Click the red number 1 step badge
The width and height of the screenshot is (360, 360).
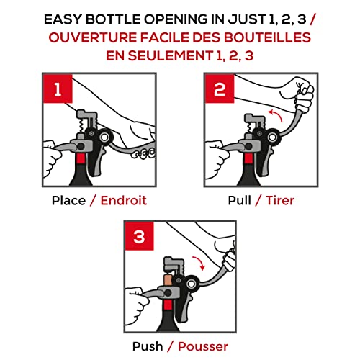point(58,89)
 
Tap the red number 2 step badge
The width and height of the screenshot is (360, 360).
point(220,89)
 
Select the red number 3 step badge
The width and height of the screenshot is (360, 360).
point(139,236)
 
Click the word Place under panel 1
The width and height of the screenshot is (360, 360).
point(68,201)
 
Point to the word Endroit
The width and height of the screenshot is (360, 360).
point(124,201)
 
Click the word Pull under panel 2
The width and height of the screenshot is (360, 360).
point(240,201)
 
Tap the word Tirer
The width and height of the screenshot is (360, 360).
point(280,201)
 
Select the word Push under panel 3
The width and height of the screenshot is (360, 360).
point(148,346)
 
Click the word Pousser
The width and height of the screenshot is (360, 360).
point(203,346)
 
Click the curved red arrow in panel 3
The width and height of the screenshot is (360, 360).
point(200,261)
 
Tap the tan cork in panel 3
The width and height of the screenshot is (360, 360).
point(168,281)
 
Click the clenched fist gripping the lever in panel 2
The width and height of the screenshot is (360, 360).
point(303,95)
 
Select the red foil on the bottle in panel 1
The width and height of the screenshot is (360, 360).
point(81,158)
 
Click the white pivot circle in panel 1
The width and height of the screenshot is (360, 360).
point(105,138)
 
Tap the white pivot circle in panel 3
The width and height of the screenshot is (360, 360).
point(192,284)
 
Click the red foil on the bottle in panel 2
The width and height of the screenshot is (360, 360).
point(248,158)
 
